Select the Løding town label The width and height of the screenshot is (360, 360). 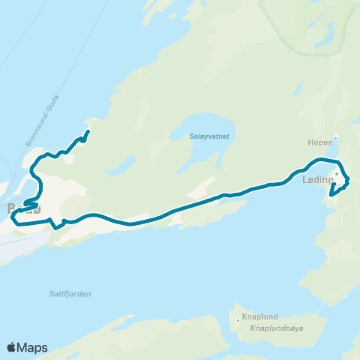click(316, 181)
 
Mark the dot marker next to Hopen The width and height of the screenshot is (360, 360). click(336, 137)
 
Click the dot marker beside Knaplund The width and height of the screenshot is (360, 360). click(238, 321)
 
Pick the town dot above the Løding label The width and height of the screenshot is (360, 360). click(337, 174)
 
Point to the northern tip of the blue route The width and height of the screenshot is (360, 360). click(88, 133)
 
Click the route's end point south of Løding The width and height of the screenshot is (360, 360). click(331, 195)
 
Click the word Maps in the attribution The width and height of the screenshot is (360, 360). click(34, 347)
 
